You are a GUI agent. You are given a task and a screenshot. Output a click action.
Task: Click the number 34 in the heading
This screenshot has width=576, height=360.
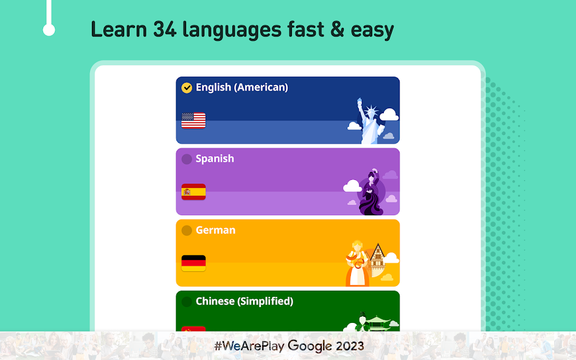pos(165,29)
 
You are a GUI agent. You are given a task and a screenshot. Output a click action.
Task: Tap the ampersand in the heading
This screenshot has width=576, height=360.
pos(337,29)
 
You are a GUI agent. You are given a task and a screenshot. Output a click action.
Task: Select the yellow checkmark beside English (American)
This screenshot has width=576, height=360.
pos(187,88)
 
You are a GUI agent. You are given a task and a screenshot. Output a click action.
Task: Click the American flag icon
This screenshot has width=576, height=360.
pos(193,120)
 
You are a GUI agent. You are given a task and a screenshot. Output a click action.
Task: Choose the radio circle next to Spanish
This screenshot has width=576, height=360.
pos(187,159)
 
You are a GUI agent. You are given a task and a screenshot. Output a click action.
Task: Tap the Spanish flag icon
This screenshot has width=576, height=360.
pos(193,192)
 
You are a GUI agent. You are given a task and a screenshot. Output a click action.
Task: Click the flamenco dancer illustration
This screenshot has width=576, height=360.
pos(372,192)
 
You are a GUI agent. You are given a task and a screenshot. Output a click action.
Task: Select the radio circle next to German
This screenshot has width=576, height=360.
pos(187,230)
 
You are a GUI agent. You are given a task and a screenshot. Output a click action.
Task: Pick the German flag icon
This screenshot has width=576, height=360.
pos(193,263)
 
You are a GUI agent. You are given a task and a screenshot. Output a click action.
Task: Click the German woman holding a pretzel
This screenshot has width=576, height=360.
pos(356,263)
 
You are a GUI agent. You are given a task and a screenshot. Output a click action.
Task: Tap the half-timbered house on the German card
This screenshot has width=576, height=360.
pos(377,260)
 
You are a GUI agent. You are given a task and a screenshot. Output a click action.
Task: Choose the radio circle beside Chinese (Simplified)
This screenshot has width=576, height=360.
pos(187,302)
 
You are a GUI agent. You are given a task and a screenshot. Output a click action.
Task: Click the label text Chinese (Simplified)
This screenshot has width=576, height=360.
pos(245,301)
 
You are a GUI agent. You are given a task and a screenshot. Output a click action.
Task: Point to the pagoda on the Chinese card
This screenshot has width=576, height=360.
pos(378,323)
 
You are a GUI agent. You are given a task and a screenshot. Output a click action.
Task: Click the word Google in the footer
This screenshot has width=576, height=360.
pos(310,345)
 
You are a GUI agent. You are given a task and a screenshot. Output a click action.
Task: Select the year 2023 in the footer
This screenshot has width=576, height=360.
pos(349,345)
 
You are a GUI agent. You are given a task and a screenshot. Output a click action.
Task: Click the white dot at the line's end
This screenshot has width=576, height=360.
pos(49,30)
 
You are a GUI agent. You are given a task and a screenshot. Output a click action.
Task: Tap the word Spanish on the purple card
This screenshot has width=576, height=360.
pos(215,159)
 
